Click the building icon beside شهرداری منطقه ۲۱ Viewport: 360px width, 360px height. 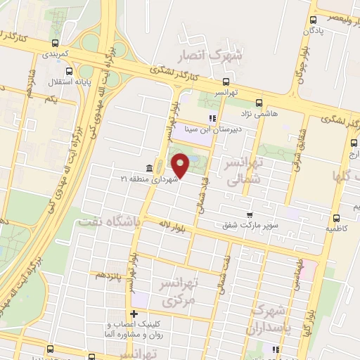tap(149, 168)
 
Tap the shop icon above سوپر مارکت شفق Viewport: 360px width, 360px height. tap(249, 215)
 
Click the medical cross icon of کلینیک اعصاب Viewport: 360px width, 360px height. tap(133, 314)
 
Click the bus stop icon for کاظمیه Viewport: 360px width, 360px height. tap(336, 217)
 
